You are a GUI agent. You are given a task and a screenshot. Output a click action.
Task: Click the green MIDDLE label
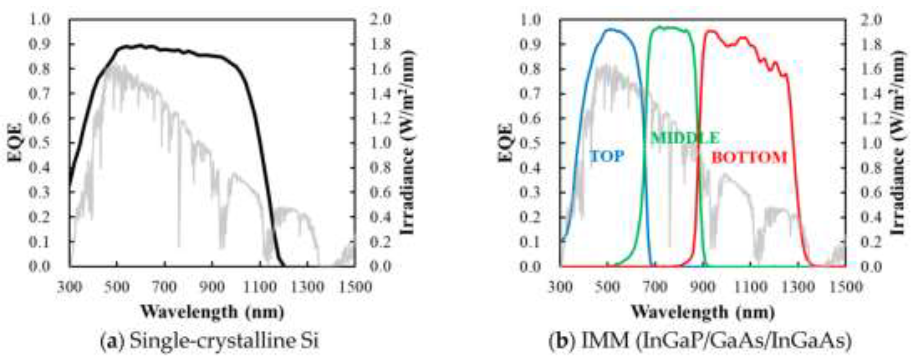pyautogui.click(x=685, y=138)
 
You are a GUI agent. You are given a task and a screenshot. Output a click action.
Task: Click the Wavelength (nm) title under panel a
pyautogui.click(x=213, y=312)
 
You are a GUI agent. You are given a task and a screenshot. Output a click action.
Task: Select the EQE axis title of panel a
pyautogui.click(x=15, y=143)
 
